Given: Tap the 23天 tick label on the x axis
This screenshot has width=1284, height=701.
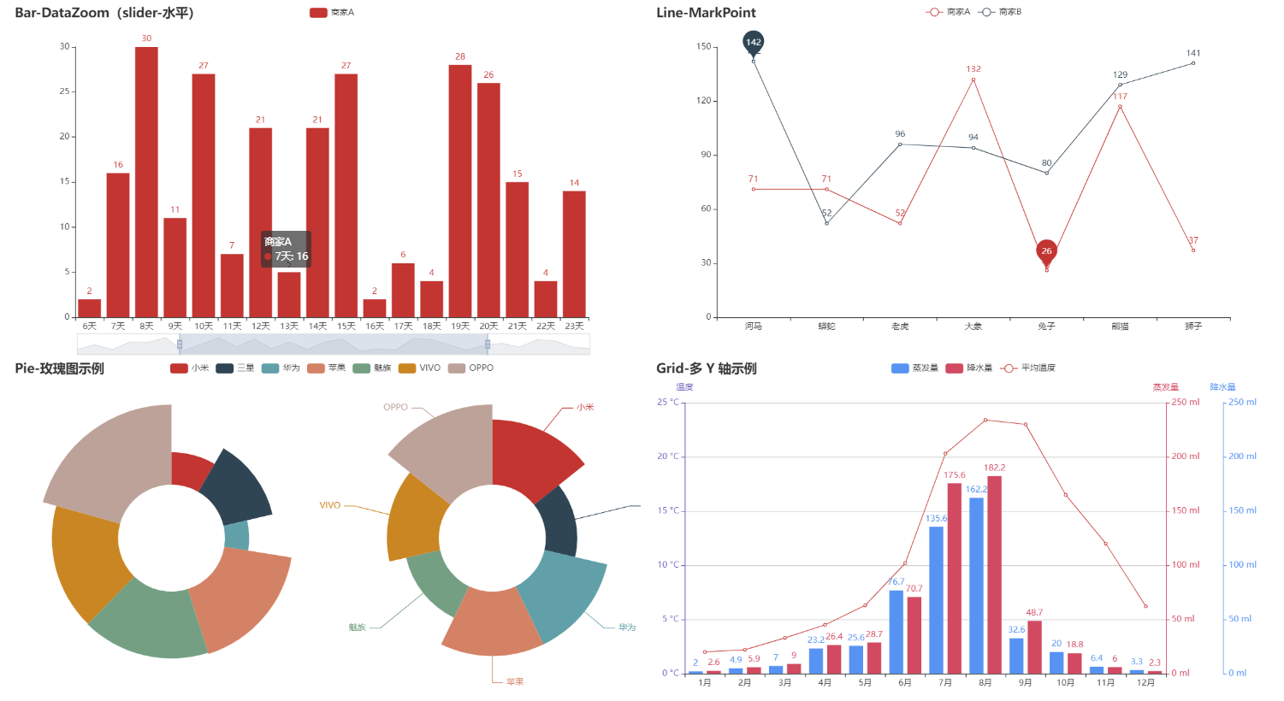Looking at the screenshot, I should (574, 327).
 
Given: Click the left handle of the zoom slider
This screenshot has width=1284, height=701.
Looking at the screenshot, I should (180, 345).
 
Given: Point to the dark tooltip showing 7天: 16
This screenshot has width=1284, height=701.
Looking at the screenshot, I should (286, 249).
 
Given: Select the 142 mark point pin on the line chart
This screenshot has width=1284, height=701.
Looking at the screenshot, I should (753, 43).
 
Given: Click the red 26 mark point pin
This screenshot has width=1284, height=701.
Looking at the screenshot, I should (1046, 251).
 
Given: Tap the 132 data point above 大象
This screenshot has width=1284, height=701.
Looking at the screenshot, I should (973, 80).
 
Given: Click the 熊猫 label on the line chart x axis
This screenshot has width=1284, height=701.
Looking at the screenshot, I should (1120, 327).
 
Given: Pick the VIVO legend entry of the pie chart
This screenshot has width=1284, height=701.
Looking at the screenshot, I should (420, 368).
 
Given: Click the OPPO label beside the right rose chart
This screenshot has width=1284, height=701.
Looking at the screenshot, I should (395, 408).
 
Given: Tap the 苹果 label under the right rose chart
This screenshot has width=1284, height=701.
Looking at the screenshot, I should (514, 682).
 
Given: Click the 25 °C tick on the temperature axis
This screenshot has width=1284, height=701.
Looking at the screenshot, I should (668, 403).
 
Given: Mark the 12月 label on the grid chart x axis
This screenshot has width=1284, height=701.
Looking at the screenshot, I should (1145, 683).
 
